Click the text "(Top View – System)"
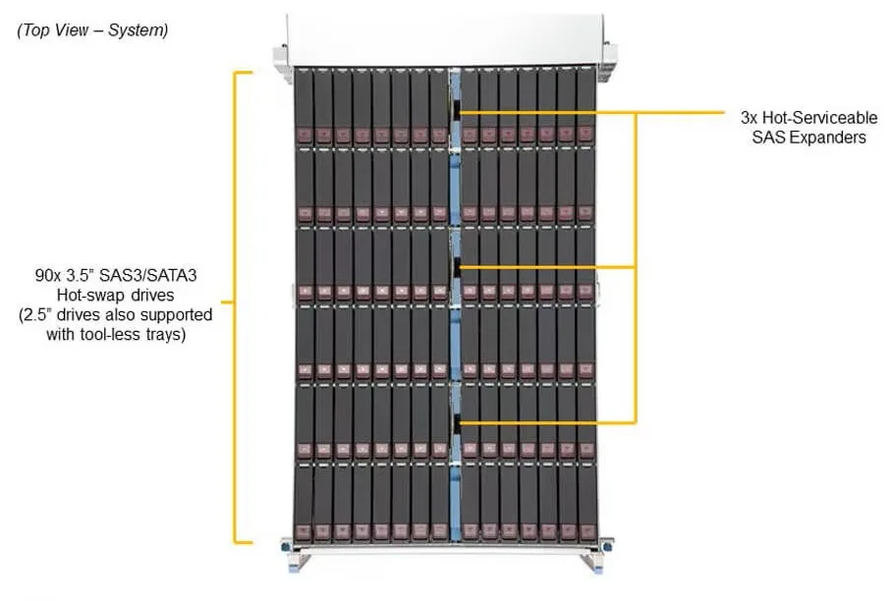[x=92, y=29]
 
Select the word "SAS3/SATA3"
[x=148, y=276]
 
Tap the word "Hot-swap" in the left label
[x=85, y=296]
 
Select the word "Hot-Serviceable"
[x=819, y=118]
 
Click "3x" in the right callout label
[x=749, y=118]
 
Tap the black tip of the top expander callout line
[x=457, y=113]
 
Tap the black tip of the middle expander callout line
[x=457, y=267]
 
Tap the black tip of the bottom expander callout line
[x=457, y=422]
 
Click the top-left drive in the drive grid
[x=304, y=107]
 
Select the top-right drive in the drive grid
[x=585, y=107]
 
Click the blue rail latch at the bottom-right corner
[x=597, y=567]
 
